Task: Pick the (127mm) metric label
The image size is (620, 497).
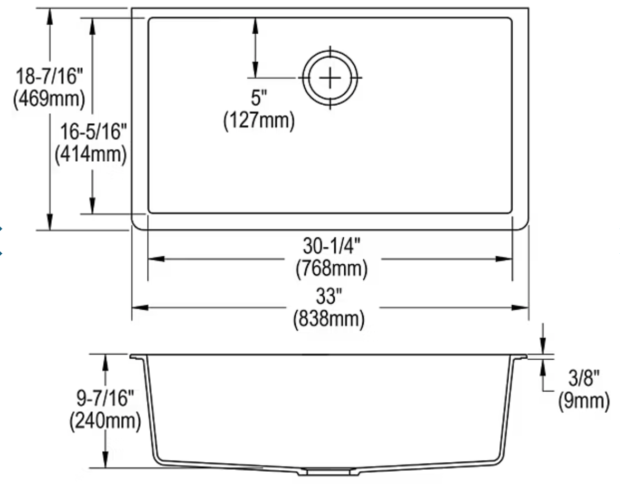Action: coord(258,121)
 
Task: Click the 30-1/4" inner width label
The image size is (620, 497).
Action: coord(331,246)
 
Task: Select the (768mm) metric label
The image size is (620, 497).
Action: coord(331,269)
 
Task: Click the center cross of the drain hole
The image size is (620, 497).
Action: coord(331,78)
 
